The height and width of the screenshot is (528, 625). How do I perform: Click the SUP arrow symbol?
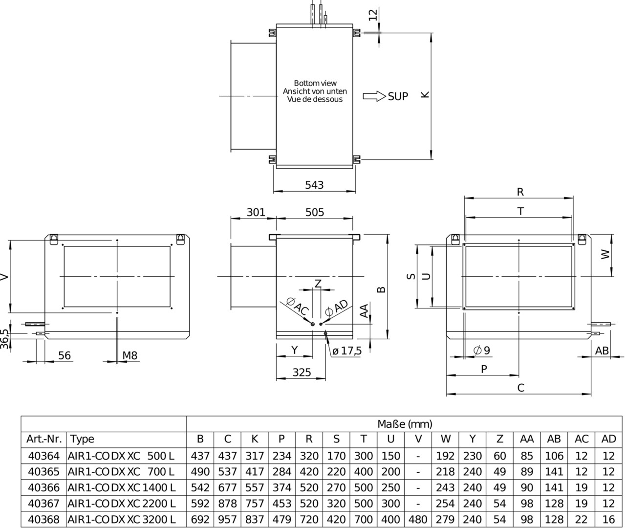click(x=374, y=96)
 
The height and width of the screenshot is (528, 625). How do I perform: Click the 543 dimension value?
click(x=314, y=185)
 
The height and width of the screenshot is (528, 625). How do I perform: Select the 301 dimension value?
click(x=256, y=212)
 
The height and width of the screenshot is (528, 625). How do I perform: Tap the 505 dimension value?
click(x=315, y=212)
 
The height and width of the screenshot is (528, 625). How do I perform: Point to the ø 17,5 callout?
click(x=347, y=351)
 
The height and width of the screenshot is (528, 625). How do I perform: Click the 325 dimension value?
click(x=302, y=372)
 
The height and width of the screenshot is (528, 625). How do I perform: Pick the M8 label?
click(x=130, y=355)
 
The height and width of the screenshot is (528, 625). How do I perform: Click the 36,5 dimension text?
click(x=5, y=339)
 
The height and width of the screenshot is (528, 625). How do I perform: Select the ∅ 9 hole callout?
click(x=482, y=350)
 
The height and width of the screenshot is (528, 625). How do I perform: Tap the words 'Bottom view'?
click(x=315, y=83)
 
